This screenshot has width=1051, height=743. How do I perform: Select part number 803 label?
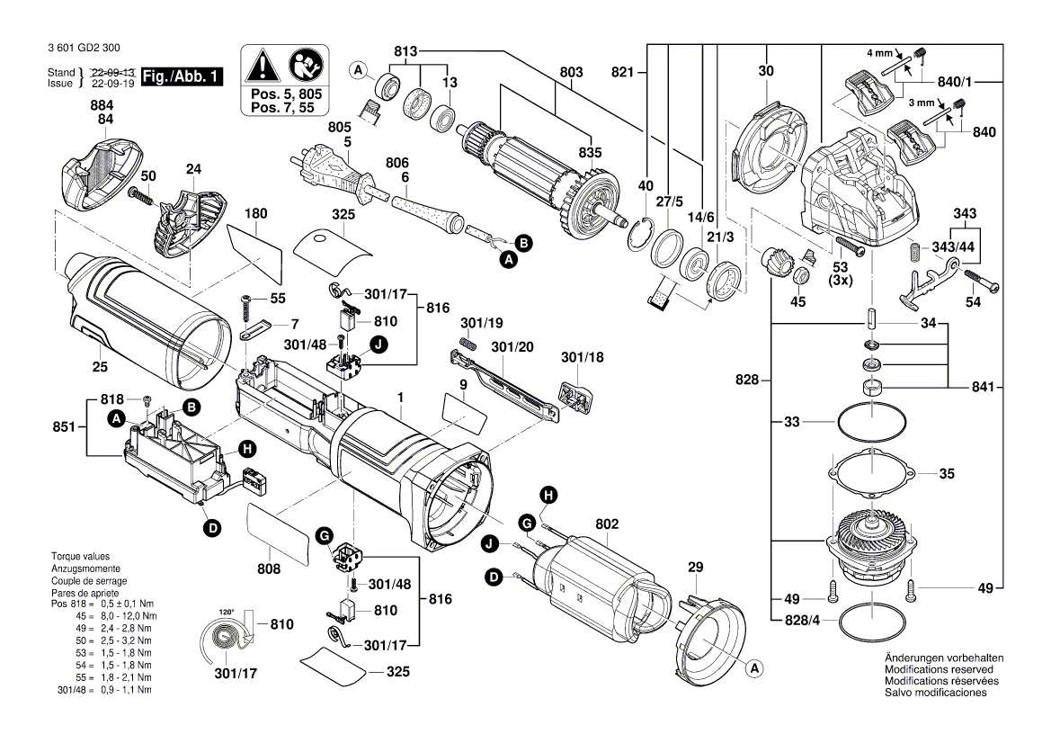tap(571, 72)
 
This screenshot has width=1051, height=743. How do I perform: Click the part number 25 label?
tap(100, 366)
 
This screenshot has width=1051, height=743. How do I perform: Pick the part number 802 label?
tap(607, 523)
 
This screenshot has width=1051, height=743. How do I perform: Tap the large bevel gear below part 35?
tap(870, 545)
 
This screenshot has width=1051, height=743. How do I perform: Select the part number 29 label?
tap(695, 567)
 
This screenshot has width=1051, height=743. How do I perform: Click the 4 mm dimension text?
tap(880, 53)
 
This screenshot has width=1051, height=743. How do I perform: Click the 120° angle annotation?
tap(227, 612)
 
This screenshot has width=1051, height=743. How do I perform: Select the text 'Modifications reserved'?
tap(939, 670)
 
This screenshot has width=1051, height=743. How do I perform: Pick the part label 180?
tap(256, 214)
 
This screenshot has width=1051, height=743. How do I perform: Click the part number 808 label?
tap(269, 568)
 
